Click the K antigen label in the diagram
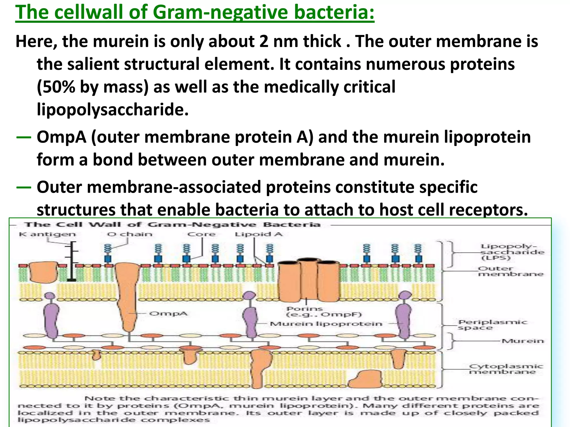(x=47, y=234)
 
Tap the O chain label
(x=130, y=234)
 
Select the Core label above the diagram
(x=201, y=234)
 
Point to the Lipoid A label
(x=259, y=234)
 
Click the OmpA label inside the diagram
(x=168, y=314)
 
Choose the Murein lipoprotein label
(x=326, y=324)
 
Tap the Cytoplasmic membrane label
(x=506, y=369)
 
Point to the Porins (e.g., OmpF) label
(x=324, y=312)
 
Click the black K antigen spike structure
(x=72, y=261)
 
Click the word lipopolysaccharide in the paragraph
(x=113, y=110)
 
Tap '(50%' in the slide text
(x=56, y=87)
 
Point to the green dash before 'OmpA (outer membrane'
(x=24, y=137)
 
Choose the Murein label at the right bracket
(x=522, y=341)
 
